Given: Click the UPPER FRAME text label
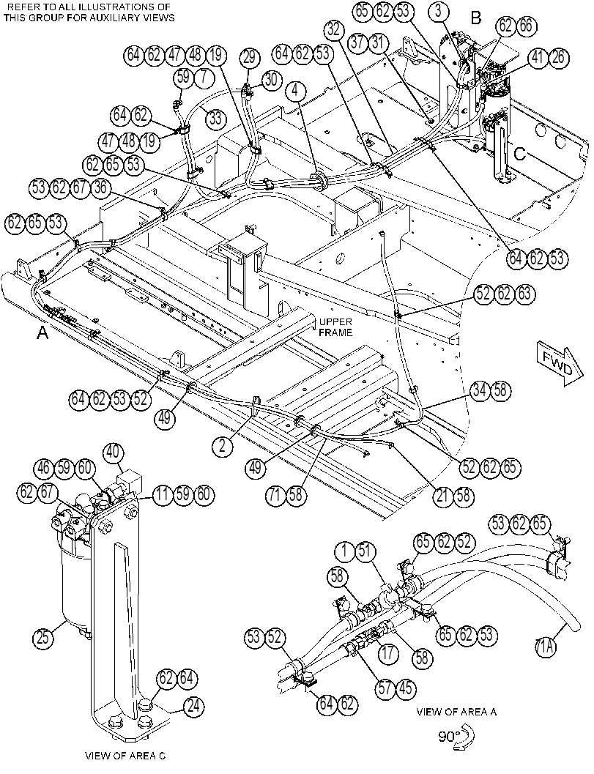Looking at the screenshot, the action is click(335, 327).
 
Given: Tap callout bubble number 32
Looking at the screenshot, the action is click(335, 31).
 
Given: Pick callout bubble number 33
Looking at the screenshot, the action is click(215, 119).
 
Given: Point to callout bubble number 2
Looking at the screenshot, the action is click(223, 446).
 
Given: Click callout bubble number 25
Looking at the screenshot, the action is click(42, 639).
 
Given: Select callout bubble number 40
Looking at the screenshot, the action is click(113, 452).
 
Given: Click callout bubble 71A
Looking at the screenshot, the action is click(546, 646).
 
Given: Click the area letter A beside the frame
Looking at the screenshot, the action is click(43, 334).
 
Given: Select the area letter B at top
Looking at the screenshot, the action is click(476, 18).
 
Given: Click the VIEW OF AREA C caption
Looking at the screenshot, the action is click(125, 756).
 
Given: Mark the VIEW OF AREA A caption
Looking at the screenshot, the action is click(456, 712).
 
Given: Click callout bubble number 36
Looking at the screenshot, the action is click(101, 188).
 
